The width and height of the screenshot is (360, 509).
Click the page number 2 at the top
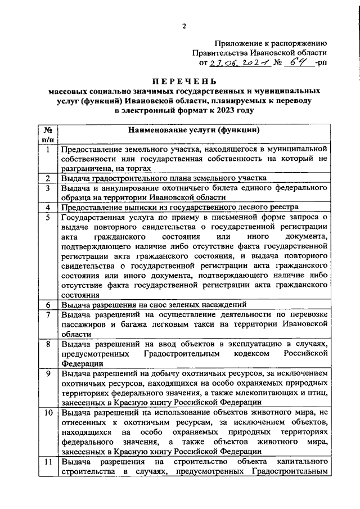coord(184,25)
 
